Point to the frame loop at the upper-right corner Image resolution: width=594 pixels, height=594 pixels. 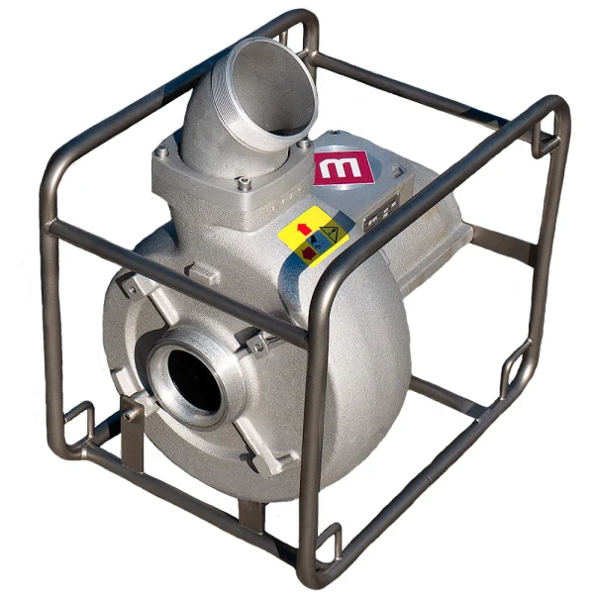pos(543,140)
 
